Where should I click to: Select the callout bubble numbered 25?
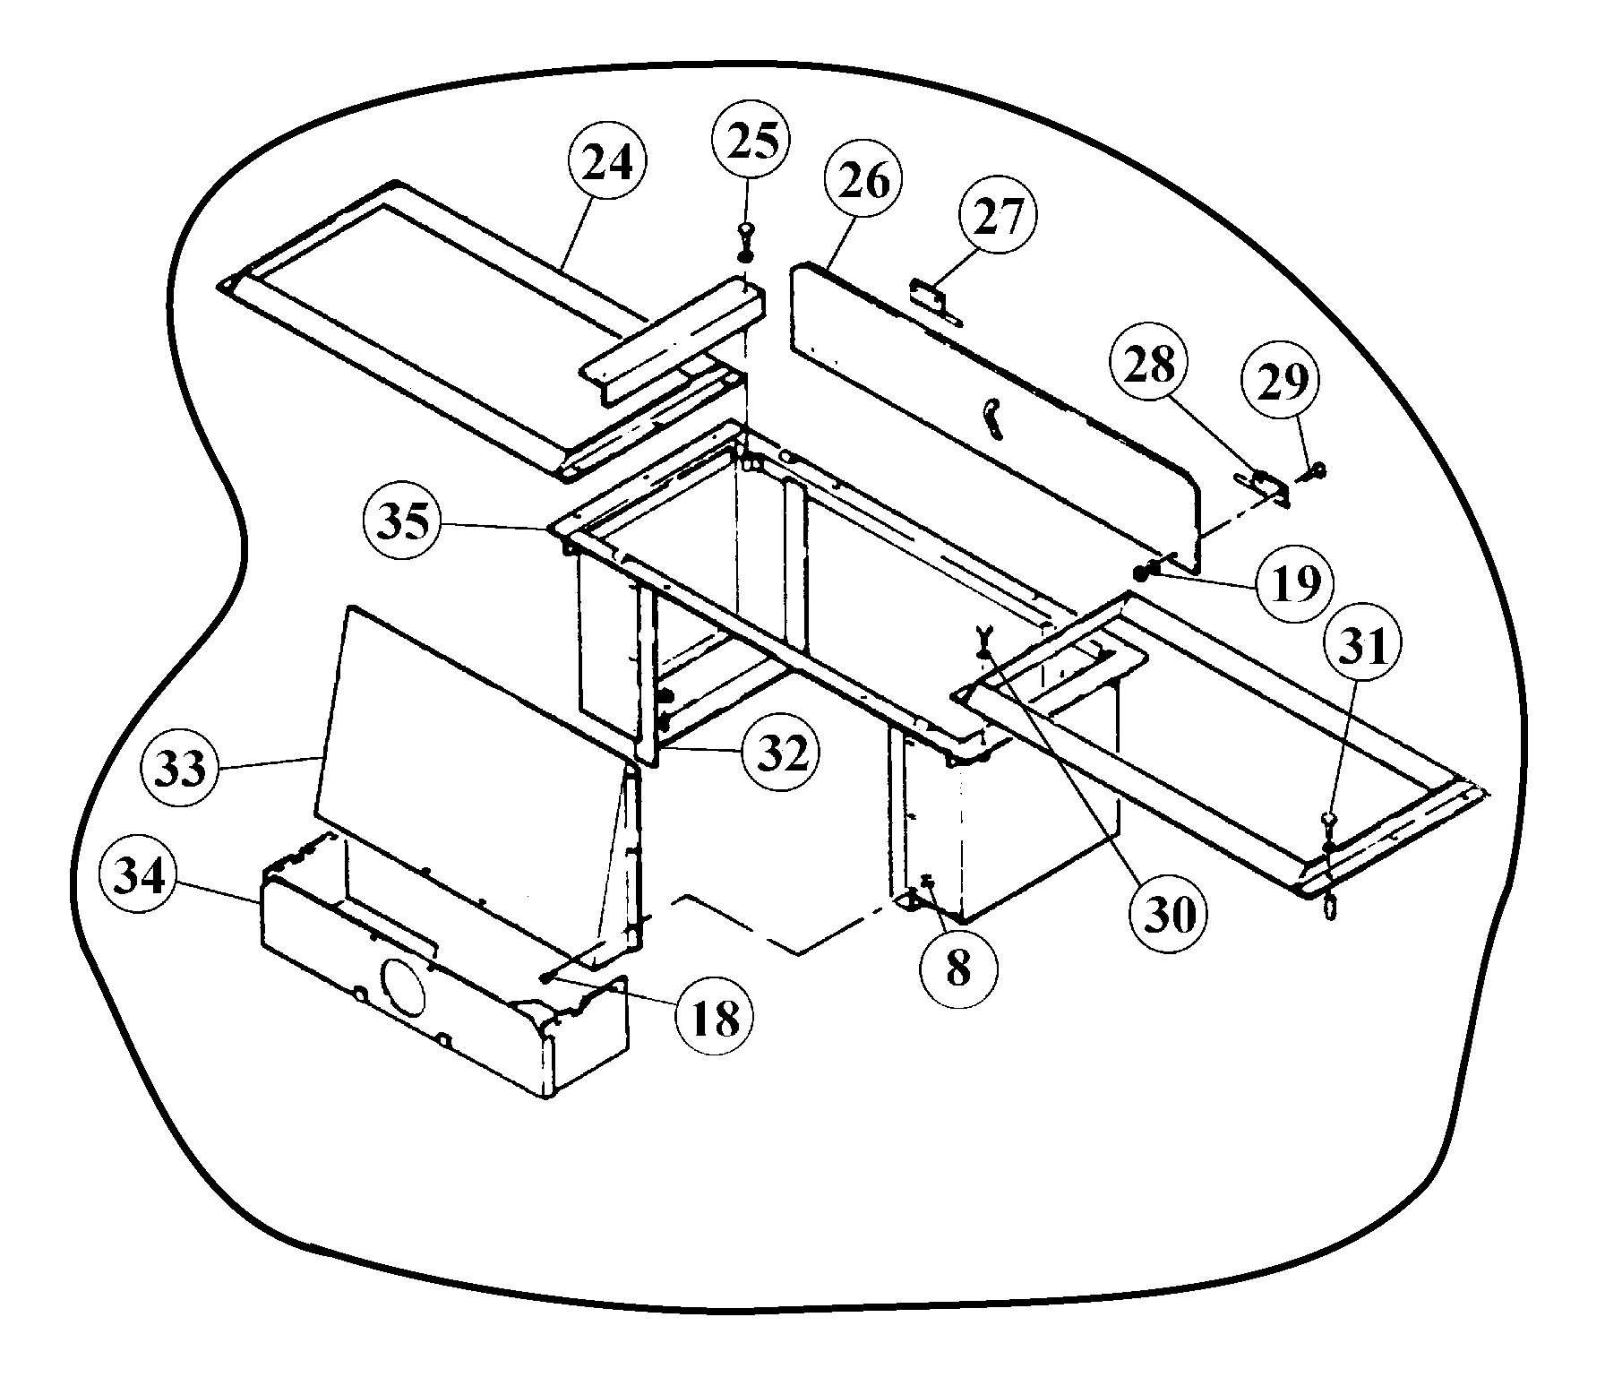pos(751,142)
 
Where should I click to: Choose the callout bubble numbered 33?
pos(181,768)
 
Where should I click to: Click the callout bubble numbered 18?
pos(717,1017)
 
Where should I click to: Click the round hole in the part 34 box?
pos(402,984)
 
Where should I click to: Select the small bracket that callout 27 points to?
pos(933,299)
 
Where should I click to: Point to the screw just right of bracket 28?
pos(1315,469)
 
